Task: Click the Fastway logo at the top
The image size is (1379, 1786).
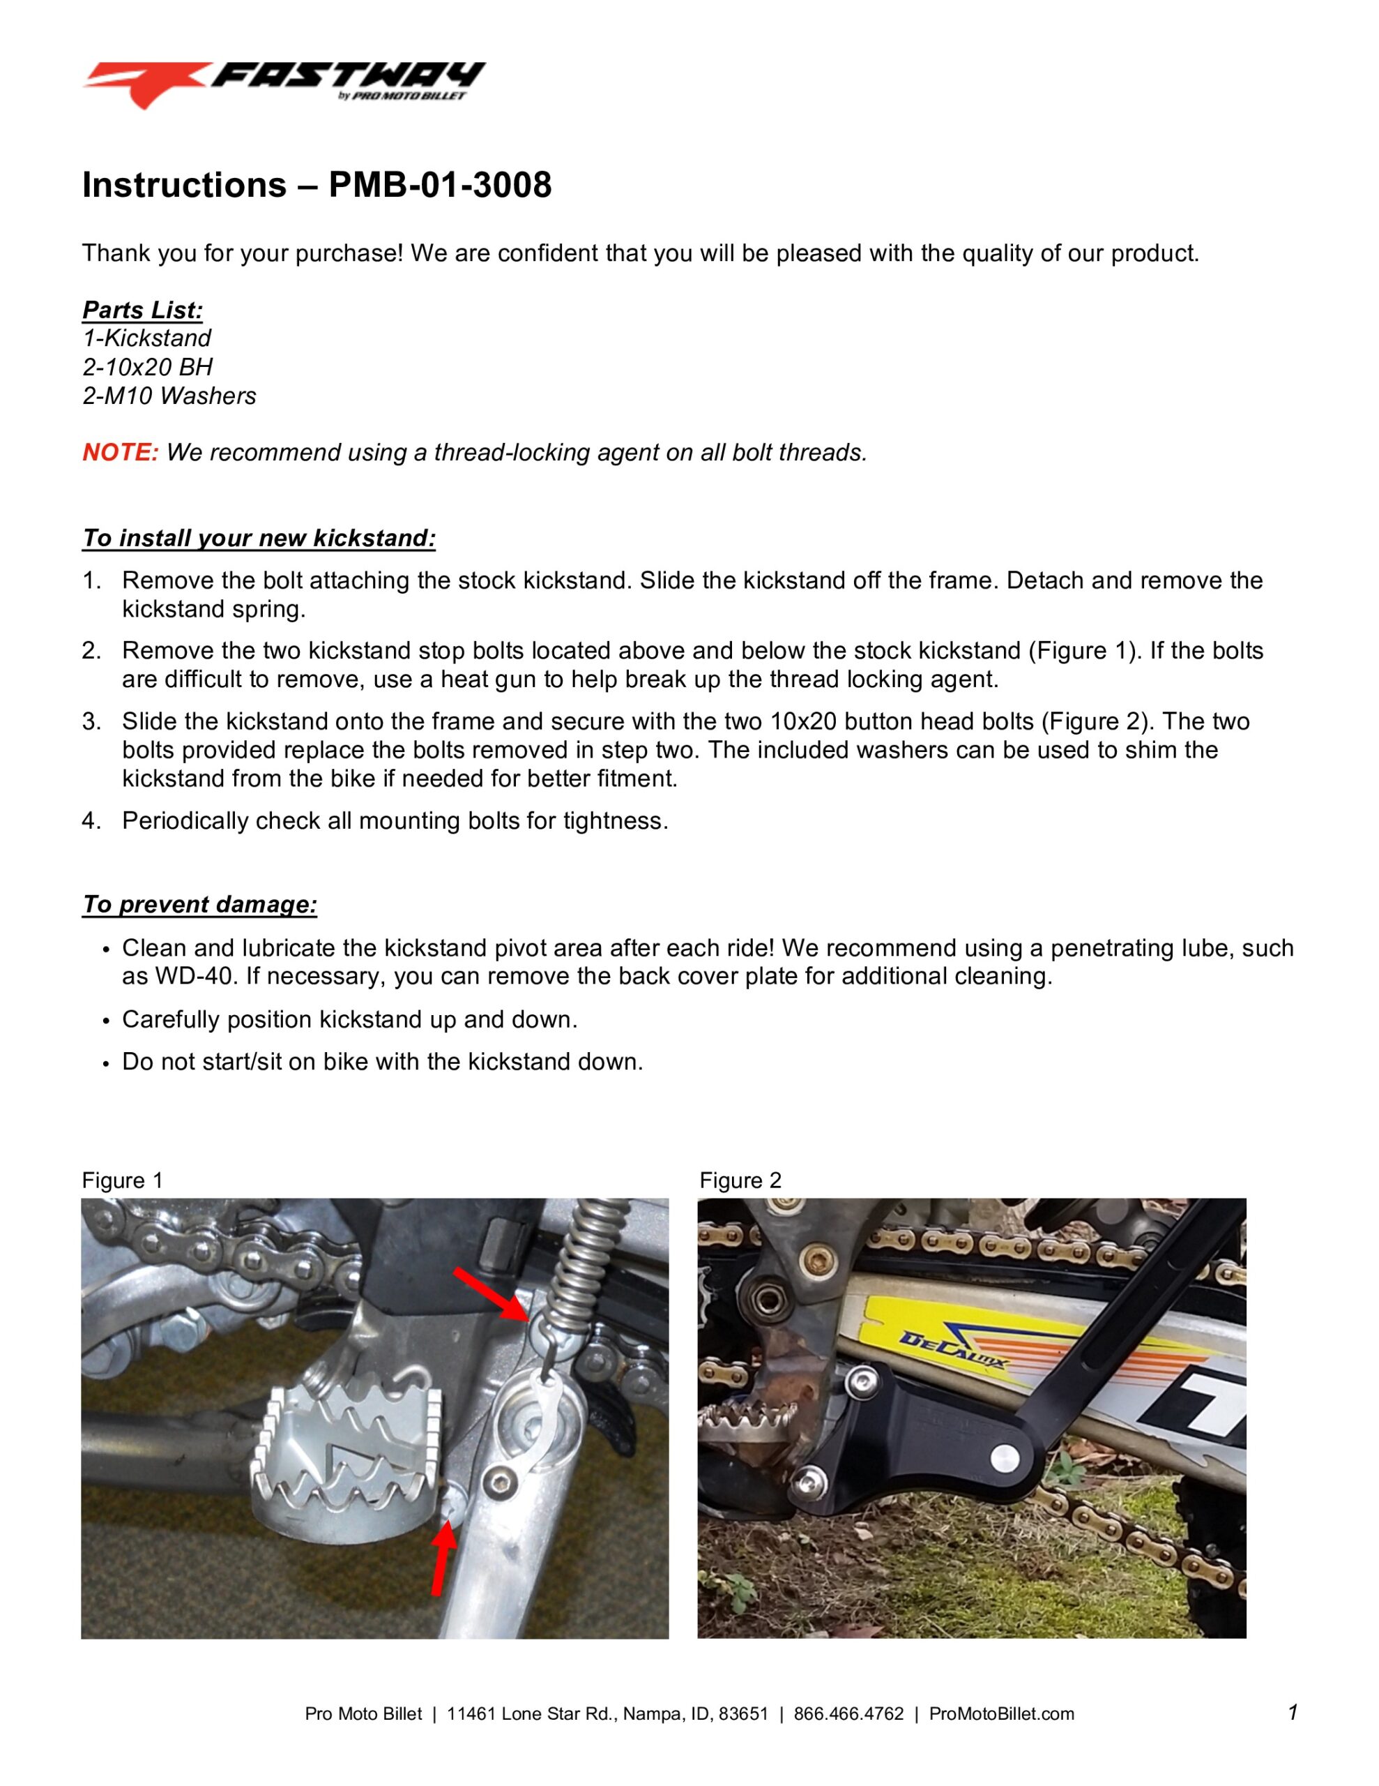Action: coord(284,84)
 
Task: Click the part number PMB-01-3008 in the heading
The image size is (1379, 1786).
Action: coord(440,185)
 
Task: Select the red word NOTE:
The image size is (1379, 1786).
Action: coord(120,452)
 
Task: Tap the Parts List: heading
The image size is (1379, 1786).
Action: coord(142,310)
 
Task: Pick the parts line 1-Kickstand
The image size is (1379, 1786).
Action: coord(146,338)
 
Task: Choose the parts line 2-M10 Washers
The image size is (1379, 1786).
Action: coord(169,396)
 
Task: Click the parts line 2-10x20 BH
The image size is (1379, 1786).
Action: coord(147,367)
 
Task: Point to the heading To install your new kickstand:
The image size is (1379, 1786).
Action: coord(259,538)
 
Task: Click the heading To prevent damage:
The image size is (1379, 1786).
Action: coord(199,904)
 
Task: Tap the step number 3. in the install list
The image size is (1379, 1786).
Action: coord(91,721)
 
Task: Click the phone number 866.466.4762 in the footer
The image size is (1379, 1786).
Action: coord(848,1714)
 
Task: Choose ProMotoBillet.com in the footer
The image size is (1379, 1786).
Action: coord(1001,1714)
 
